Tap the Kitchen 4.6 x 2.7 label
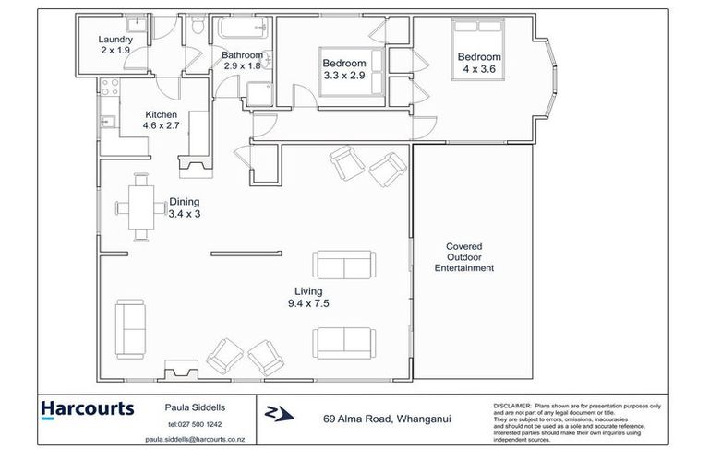point(161,121)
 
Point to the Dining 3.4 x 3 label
point(184,207)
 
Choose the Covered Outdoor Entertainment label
point(470,257)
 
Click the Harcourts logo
point(88,409)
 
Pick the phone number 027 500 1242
point(199,423)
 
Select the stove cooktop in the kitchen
point(108,90)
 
